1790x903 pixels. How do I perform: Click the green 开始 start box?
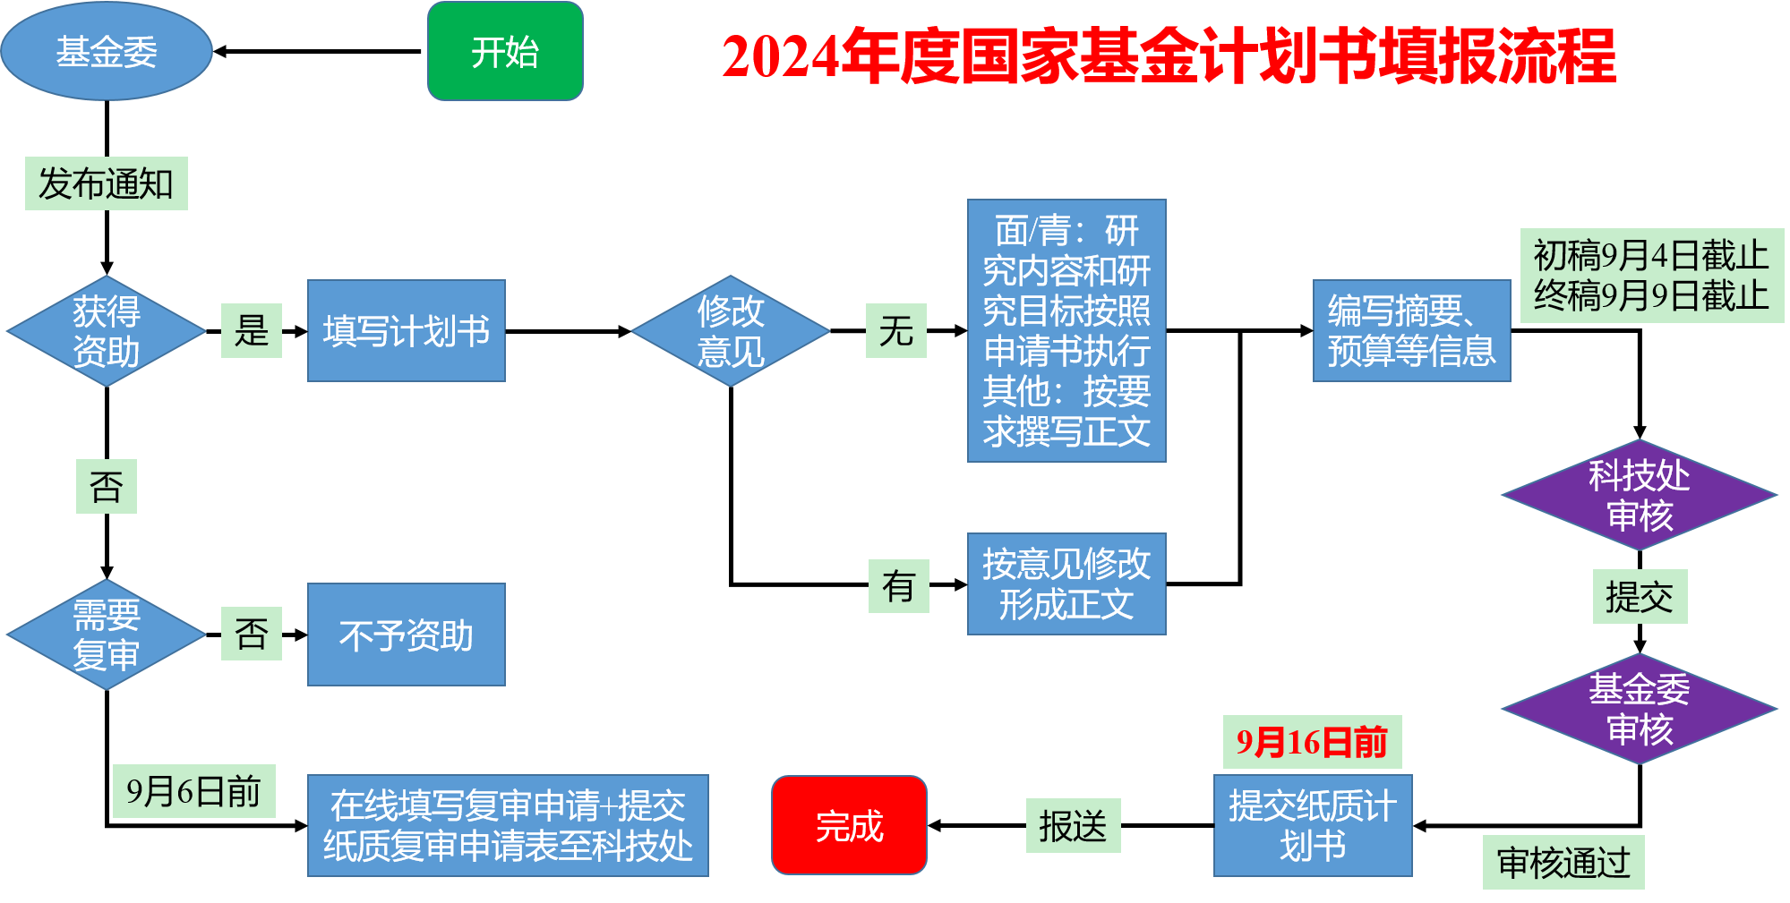pos(505,51)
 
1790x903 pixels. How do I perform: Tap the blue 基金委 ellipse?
pos(107,51)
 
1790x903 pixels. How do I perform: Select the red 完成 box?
pos(849,825)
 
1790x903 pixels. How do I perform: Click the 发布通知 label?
pos(107,183)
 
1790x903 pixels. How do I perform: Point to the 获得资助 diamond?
pos(107,331)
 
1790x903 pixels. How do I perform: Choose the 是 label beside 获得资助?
pos(252,331)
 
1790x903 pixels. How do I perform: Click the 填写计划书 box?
pos(407,331)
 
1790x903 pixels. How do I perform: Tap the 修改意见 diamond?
pos(731,331)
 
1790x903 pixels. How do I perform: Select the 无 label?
pos(896,331)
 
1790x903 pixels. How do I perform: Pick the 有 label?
pos(899,586)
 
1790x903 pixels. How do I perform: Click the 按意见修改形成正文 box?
pos(1066,584)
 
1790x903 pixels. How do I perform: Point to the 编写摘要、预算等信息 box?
pos(1411,331)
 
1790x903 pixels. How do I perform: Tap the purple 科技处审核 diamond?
pos(1639,495)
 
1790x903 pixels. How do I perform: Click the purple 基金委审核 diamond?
pos(1639,709)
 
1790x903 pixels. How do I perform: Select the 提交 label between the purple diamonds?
pos(1640,596)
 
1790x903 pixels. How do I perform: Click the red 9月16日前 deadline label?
pos(1312,742)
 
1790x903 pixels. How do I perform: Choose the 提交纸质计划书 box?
pos(1313,825)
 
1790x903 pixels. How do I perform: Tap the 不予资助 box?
pos(407,635)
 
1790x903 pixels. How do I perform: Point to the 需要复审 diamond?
pos(107,635)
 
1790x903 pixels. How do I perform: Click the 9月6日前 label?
pos(193,791)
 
